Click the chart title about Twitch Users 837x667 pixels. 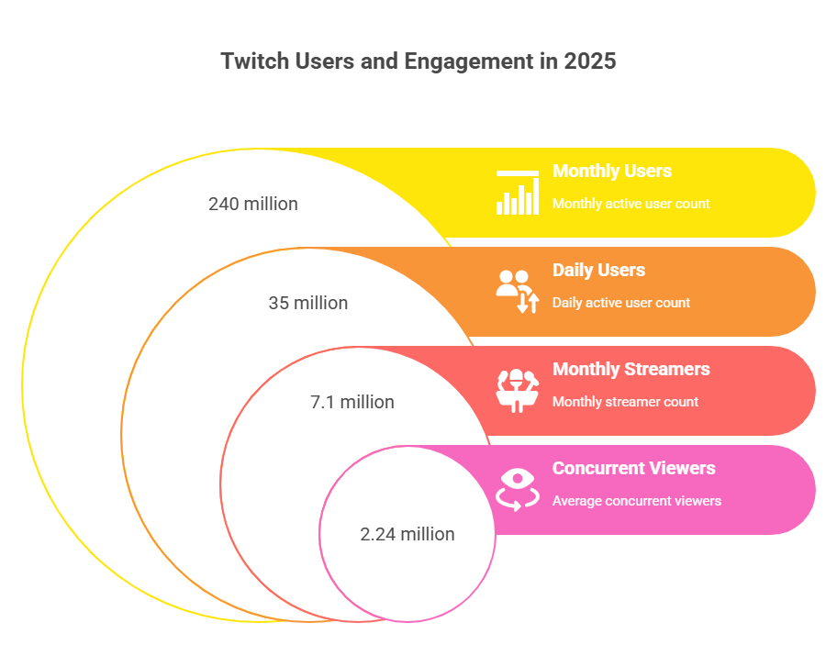(418, 61)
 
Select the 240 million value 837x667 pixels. (253, 204)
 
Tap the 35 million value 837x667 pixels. (308, 303)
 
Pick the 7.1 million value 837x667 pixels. (352, 402)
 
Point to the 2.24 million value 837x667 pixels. (407, 534)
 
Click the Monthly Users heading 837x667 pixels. (612, 171)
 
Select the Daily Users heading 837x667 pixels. (598, 270)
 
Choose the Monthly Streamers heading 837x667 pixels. (631, 369)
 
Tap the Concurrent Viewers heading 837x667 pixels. (633, 469)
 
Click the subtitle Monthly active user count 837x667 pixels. (631, 204)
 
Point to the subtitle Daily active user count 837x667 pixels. (620, 303)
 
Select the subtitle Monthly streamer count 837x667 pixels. (625, 402)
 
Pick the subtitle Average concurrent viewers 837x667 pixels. (636, 501)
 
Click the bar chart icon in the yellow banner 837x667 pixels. (518, 193)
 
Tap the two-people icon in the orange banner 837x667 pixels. (518, 292)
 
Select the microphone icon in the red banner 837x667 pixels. (518, 391)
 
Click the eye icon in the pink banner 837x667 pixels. (518, 490)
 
